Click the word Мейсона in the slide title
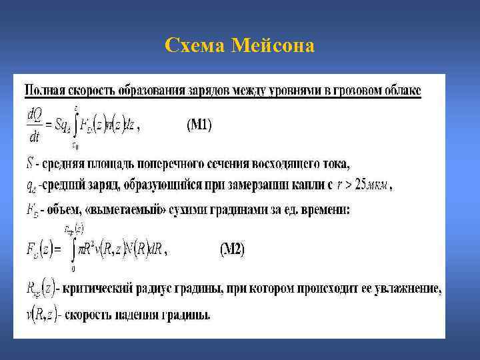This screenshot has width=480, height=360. point(274,45)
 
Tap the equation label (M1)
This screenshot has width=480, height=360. point(198,125)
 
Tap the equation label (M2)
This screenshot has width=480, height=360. point(232,249)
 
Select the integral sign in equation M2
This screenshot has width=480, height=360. point(73,249)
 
